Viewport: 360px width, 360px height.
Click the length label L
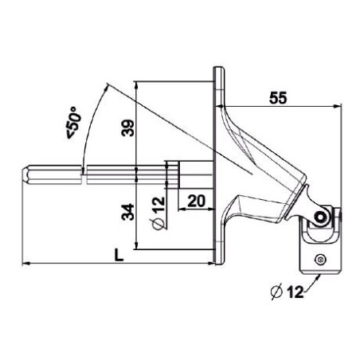pos(119,255)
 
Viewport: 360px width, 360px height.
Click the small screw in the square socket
pos(320,258)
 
